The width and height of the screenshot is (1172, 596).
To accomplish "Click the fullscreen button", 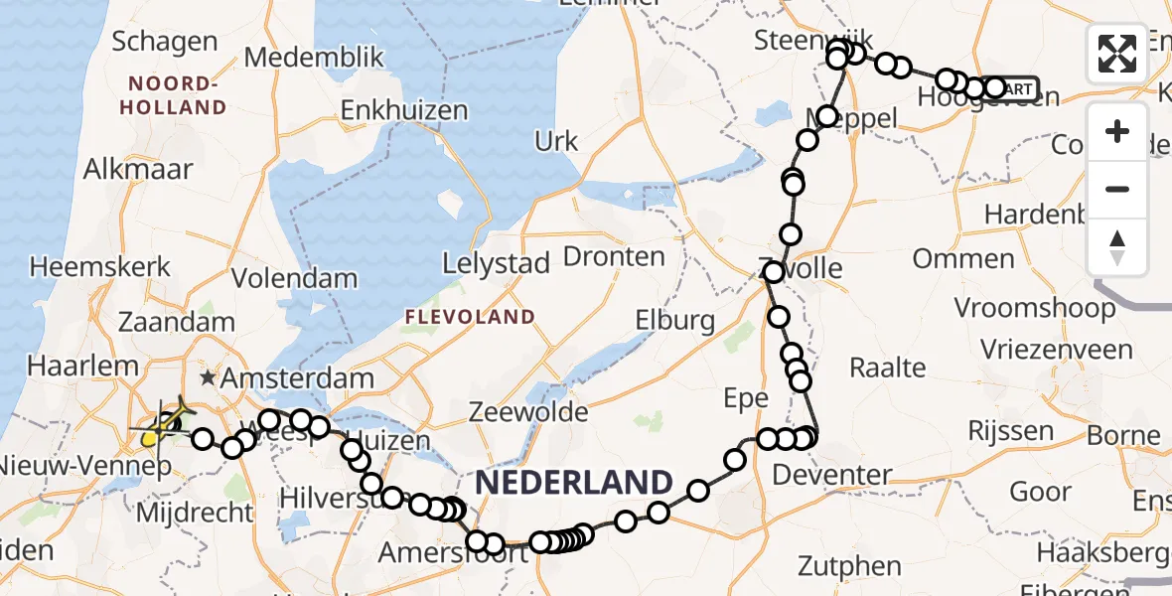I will (1117, 53).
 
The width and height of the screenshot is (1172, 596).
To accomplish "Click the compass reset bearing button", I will (1117, 246).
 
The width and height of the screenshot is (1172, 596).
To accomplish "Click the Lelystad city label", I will (496, 264).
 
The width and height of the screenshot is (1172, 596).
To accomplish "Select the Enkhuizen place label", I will (404, 109).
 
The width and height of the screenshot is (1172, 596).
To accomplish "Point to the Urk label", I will (556, 142).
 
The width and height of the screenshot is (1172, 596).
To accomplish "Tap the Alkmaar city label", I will (138, 168).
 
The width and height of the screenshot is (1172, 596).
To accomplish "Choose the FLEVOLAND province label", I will (469, 317).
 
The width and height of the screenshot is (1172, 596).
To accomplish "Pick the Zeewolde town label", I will (529, 410).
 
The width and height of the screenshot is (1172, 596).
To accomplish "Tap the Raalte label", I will (887, 368).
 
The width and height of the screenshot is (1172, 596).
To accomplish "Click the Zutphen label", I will (850, 567).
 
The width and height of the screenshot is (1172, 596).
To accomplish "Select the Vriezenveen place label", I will (1056, 350).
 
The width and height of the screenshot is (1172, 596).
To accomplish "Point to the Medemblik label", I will (313, 58).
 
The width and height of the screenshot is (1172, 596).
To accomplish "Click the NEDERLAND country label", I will (574, 484).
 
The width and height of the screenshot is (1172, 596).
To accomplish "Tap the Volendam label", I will (294, 278).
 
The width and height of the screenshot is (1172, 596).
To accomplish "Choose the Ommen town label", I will (963, 260).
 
